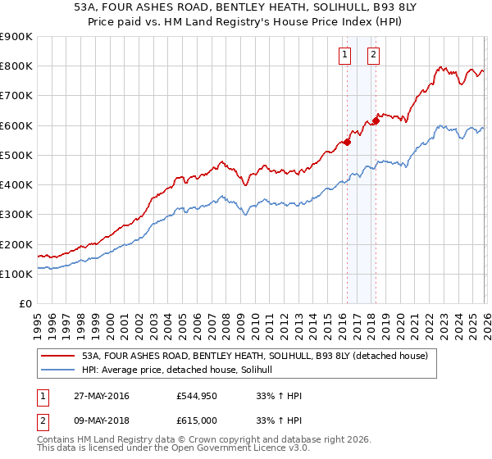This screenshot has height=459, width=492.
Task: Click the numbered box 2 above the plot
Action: coord(373,55)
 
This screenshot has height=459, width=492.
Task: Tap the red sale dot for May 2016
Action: coord(347,142)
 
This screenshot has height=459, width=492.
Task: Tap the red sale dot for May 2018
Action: coord(376,121)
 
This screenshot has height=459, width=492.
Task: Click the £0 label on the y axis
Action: coord(25,304)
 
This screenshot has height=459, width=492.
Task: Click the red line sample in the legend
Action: coord(57,357)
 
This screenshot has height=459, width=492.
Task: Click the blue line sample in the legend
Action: coord(57,370)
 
